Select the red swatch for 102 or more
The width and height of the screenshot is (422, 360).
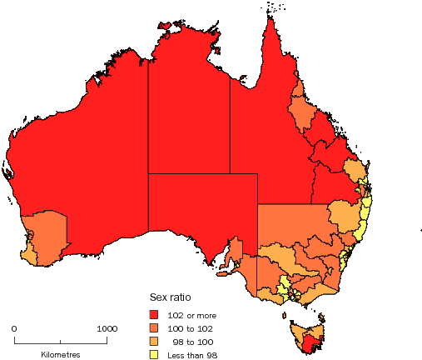coord(153,314)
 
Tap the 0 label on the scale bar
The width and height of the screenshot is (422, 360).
coord(14,328)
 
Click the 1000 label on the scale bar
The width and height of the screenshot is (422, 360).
coord(105,328)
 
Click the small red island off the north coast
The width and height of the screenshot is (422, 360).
coord(165,25)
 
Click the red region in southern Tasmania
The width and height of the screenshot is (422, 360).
coord(310,342)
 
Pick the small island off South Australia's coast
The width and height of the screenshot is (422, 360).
coord(221,272)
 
